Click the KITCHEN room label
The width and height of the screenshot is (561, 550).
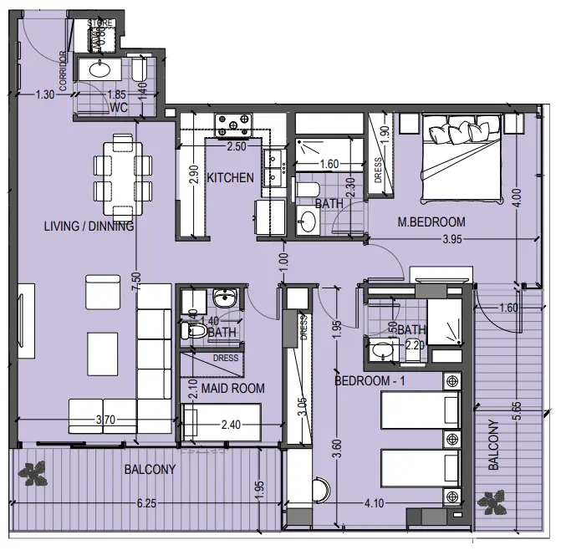pyautogui.click(x=230, y=178)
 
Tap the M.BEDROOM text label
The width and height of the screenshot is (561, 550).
pyautogui.click(x=431, y=222)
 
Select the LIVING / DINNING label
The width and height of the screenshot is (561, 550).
pyautogui.click(x=89, y=226)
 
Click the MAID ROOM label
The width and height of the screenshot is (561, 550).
pyautogui.click(x=222, y=388)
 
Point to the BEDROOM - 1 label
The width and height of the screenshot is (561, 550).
pyautogui.click(x=371, y=381)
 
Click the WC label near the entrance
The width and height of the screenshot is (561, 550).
pyautogui.click(x=119, y=108)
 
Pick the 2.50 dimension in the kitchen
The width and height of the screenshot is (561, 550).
pyautogui.click(x=237, y=147)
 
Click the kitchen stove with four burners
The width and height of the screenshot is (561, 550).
pyautogui.click(x=234, y=126)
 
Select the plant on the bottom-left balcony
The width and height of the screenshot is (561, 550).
pyautogui.click(x=34, y=473)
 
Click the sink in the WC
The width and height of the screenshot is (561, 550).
pyautogui.click(x=99, y=69)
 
